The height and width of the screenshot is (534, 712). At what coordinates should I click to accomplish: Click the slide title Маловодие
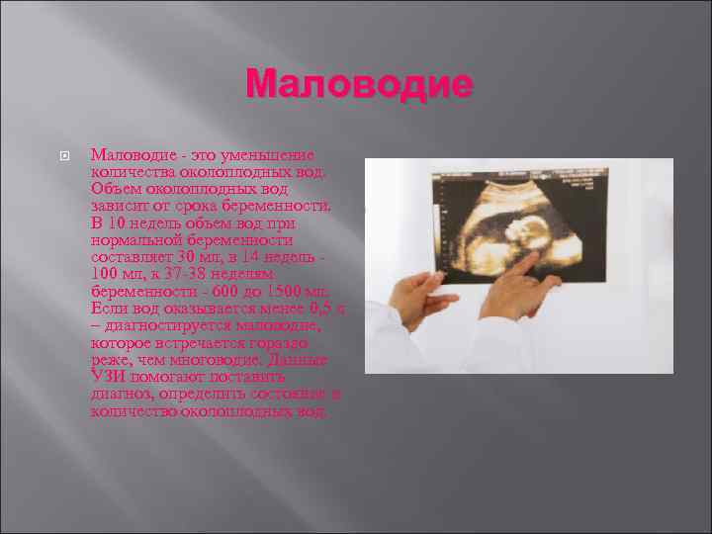359,85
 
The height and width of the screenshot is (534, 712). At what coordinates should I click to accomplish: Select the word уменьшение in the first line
268,155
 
